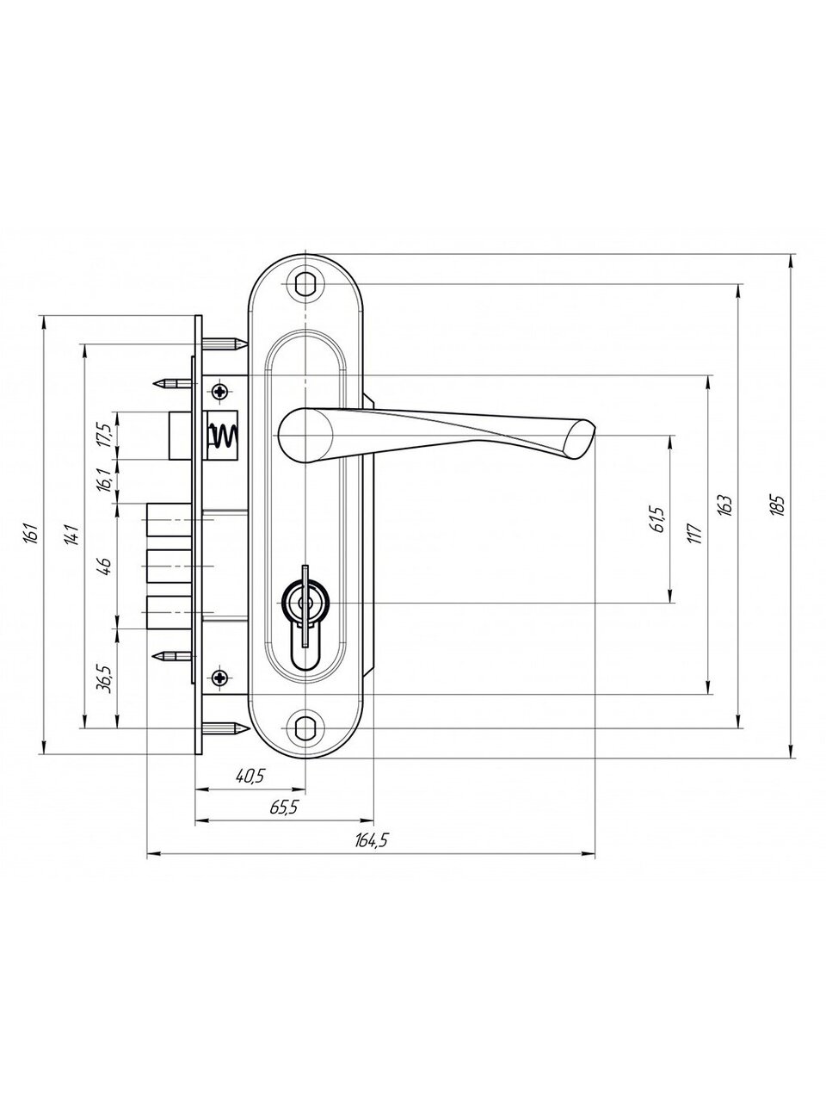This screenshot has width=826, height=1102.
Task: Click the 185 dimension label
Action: pyautogui.click(x=778, y=505)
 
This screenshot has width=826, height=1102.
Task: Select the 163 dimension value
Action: pyautogui.click(x=727, y=505)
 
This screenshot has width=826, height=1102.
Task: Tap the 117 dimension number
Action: pyautogui.click(x=694, y=534)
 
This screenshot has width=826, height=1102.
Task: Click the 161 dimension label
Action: pyautogui.click(x=31, y=534)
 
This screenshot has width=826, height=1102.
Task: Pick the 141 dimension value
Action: pyautogui.click(x=73, y=535)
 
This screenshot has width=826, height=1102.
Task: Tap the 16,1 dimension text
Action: pyautogui.click(x=104, y=480)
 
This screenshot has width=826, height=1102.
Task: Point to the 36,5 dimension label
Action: pyautogui.click(x=105, y=678)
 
